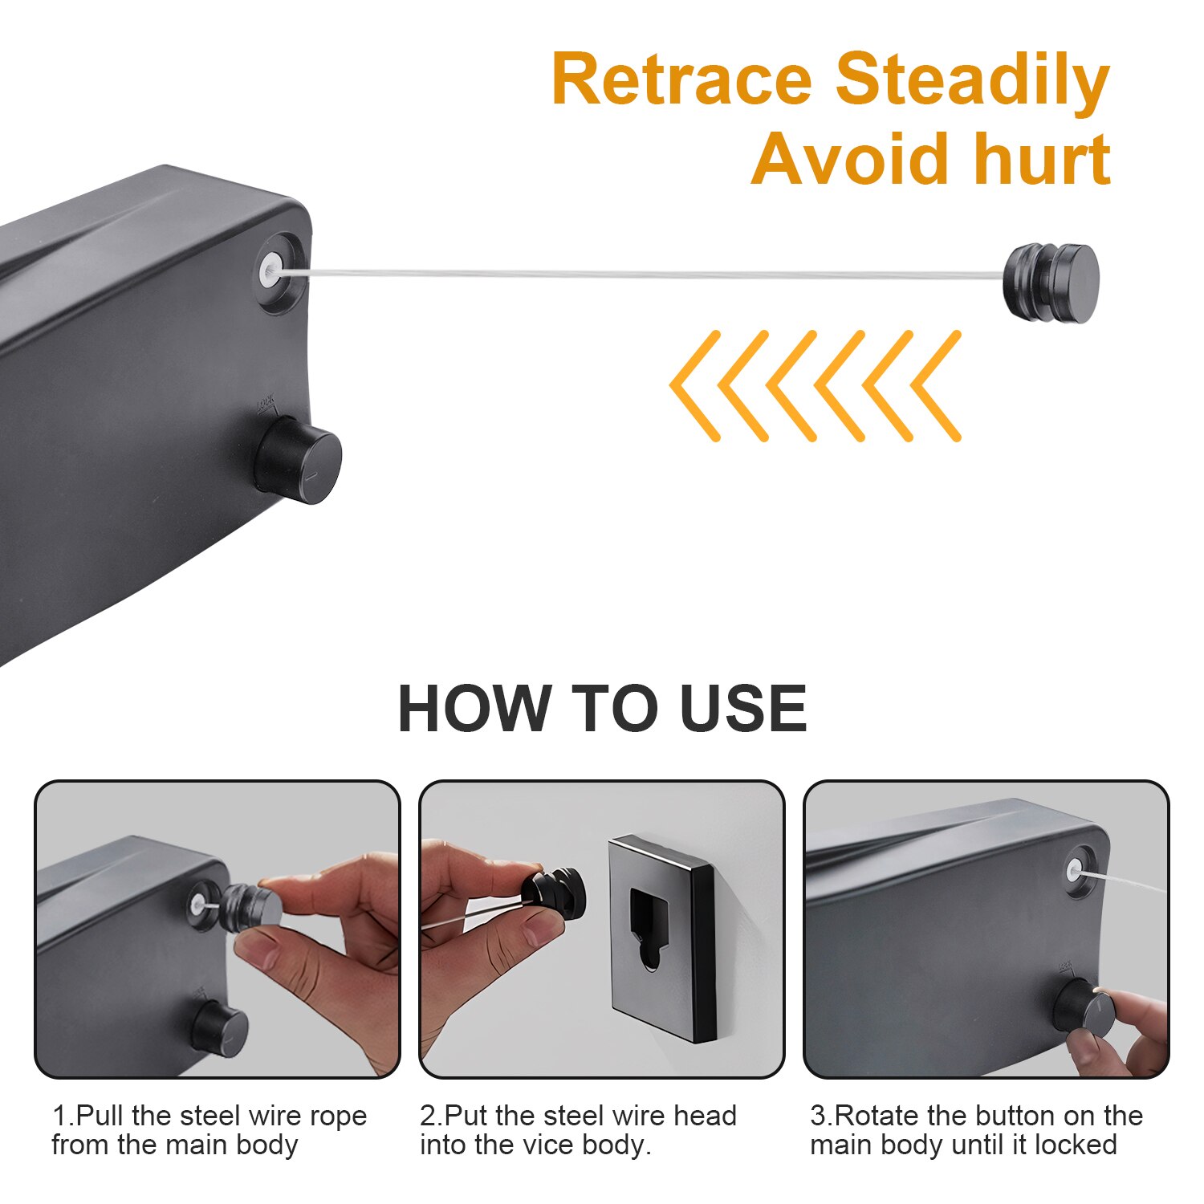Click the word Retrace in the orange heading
682,80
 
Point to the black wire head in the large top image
1051,283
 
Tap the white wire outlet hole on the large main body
270,270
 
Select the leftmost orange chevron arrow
696,386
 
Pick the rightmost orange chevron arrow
937,386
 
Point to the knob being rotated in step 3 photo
1086,1009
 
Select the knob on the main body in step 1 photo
219,1027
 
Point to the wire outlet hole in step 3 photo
1074,869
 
